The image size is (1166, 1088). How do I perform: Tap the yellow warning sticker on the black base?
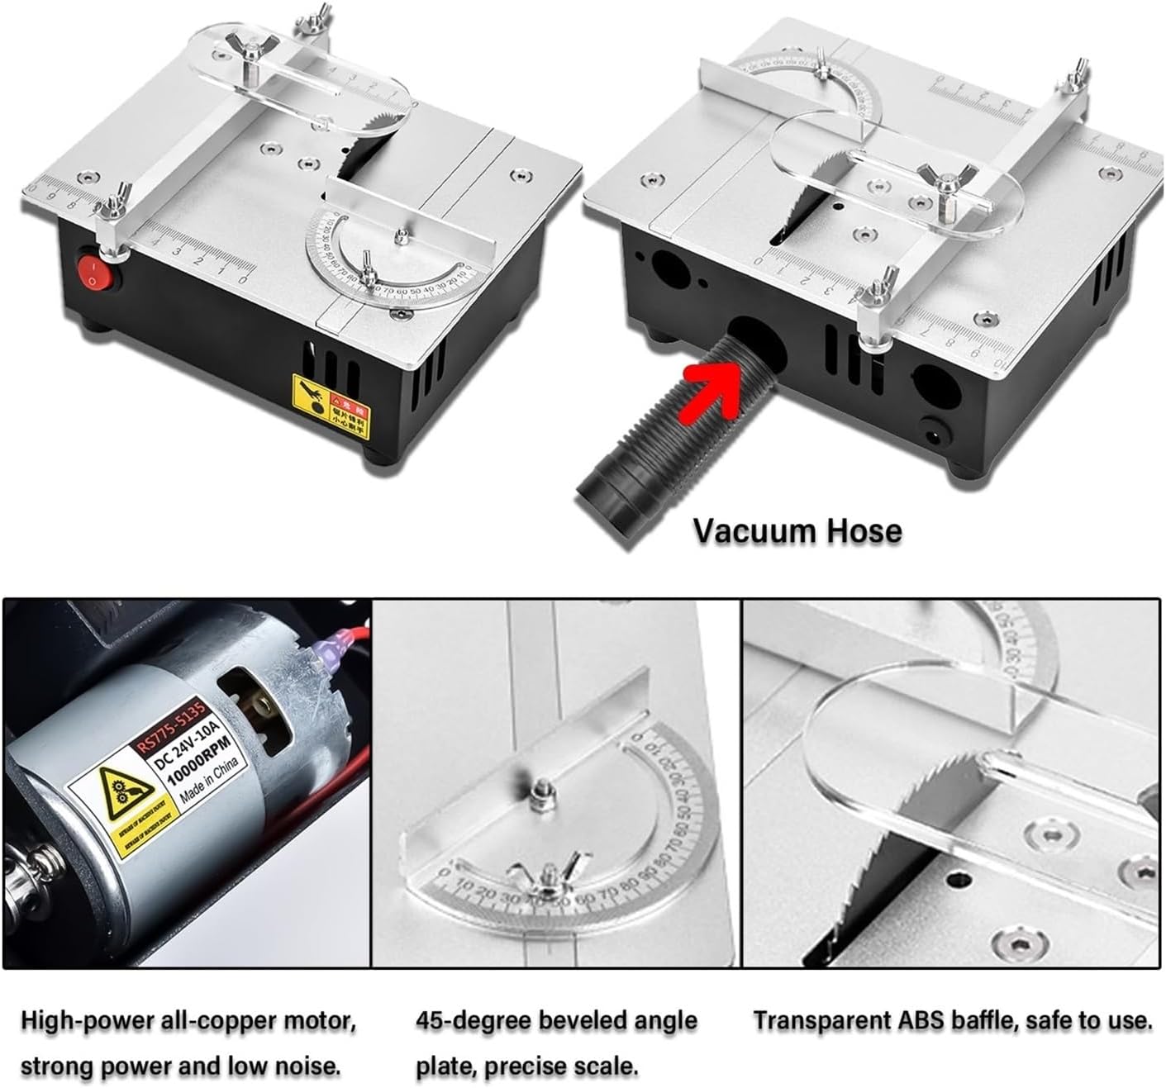331,401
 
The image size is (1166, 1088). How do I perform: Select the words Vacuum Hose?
797,530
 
